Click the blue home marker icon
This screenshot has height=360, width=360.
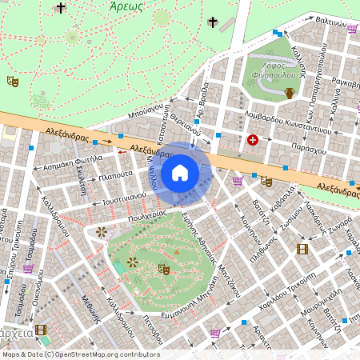click(180, 173)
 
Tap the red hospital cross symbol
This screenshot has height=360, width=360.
click(253, 140)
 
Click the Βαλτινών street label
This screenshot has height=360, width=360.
click(334, 22)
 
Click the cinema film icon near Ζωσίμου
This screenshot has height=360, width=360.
click(302, 249)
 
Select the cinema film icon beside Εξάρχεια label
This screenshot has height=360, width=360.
click(41, 330)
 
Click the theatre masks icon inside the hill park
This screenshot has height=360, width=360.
click(164, 269)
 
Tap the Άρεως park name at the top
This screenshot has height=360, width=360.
click(126, 6)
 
